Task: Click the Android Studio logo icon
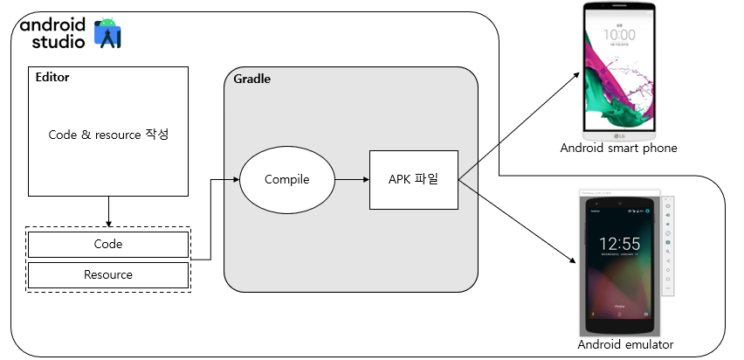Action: [x=108, y=32]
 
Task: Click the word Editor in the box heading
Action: [x=52, y=77]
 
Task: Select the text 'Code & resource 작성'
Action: [x=107, y=135]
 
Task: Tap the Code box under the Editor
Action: [x=108, y=244]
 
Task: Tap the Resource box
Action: [x=108, y=274]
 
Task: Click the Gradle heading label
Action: [x=252, y=79]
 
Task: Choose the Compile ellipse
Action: [x=287, y=180]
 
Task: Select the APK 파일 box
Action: [x=413, y=180]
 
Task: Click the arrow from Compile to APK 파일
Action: [x=352, y=180]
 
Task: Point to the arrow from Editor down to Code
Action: [x=108, y=211]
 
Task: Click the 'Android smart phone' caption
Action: [x=618, y=148]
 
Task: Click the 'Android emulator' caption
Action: [x=625, y=346]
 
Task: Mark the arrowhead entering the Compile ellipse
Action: [x=236, y=180]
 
